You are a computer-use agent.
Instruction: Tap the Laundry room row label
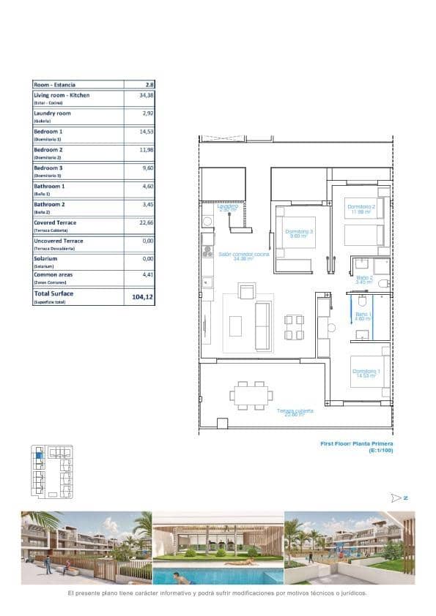click(x=52, y=113)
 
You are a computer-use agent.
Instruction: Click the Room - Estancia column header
click(x=54, y=85)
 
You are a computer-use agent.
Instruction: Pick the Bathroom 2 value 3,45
click(x=139, y=204)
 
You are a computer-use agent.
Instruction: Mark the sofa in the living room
click(x=262, y=326)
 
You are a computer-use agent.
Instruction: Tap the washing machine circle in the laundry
click(x=207, y=221)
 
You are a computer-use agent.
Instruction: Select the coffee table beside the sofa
click(x=235, y=326)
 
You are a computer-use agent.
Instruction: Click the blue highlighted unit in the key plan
click(x=40, y=456)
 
